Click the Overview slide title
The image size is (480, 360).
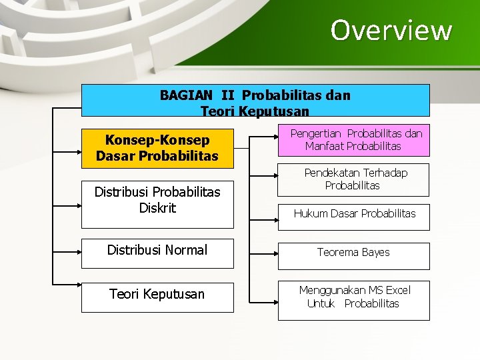(391, 30)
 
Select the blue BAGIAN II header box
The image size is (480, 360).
(255, 101)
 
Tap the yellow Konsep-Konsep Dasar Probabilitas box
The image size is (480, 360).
(157, 148)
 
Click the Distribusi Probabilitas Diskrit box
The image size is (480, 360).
(157, 201)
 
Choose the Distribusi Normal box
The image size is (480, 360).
(157, 251)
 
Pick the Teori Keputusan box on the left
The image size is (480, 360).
(157, 295)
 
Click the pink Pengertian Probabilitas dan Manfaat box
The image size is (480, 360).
(353, 140)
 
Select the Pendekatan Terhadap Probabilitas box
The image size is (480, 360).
(353, 179)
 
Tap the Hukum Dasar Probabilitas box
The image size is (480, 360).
(353, 214)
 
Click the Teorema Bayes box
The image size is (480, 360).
(353, 253)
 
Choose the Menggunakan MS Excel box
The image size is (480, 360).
(353, 297)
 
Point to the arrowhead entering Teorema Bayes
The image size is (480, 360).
(273, 253)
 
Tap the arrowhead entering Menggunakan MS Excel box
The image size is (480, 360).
(273, 295)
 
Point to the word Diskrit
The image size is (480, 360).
(157, 208)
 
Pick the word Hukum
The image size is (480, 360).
(309, 214)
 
